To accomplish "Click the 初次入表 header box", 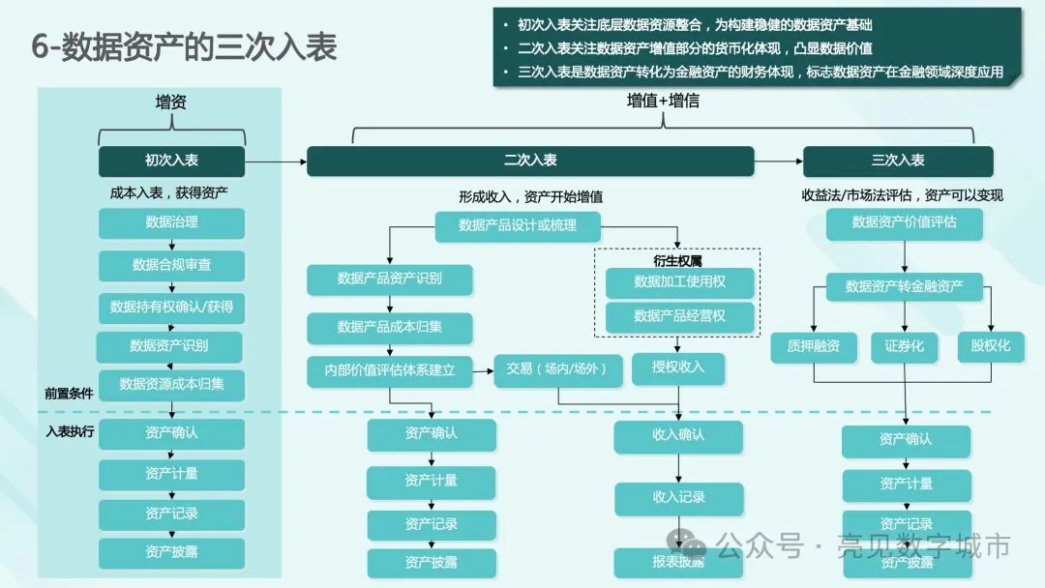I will [171, 161].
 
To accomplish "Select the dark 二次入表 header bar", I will [530, 161].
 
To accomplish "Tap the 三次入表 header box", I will [898, 161].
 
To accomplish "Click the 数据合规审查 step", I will [171, 265].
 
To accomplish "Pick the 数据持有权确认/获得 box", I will [171, 307].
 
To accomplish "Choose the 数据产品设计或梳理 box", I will [518, 225].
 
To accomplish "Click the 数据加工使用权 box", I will [679, 281].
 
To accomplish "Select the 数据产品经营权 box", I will [679, 316].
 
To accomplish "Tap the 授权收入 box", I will [678, 367].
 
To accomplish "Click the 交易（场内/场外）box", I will [557, 369].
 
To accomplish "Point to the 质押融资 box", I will [814, 346].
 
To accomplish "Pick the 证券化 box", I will [904, 346].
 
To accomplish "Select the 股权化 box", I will [984, 346].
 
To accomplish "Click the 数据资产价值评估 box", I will [904, 222].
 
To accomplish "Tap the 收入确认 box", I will [678, 435].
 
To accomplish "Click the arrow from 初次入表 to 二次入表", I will [275, 161].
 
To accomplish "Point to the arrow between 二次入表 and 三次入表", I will [778, 161].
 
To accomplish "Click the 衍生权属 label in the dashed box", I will [677, 261].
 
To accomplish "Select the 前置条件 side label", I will [69, 394].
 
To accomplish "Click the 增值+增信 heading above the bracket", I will [663, 101].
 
